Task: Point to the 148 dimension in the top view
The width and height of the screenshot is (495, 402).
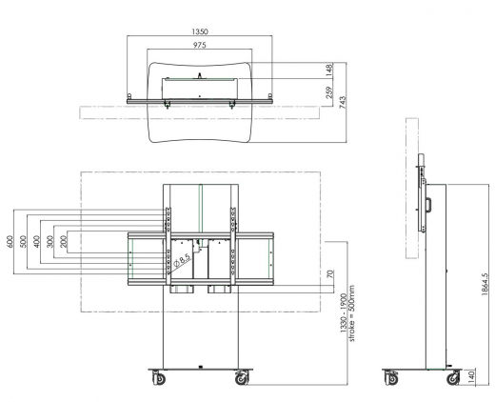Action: point(328,69)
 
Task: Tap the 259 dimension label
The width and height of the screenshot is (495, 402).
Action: point(328,95)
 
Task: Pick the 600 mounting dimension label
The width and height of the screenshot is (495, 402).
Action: point(10,242)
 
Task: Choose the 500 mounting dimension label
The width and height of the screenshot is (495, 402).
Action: point(22,242)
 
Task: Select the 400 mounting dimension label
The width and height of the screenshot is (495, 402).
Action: point(34,242)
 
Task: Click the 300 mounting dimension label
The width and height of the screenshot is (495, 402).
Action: point(46,242)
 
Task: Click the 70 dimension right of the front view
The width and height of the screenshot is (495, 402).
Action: point(329,275)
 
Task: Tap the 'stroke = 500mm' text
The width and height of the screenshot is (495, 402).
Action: point(351,313)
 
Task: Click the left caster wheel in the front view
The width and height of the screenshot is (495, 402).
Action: point(156,379)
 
